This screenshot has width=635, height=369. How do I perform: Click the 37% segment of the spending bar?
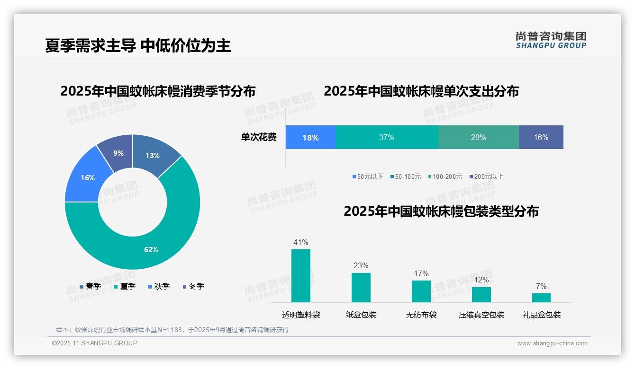click(386, 137)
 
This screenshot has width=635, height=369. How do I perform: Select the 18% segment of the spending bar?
click(310, 137)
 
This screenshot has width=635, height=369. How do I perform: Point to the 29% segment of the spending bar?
click(478, 137)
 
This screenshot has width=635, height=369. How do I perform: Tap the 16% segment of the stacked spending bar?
click(541, 137)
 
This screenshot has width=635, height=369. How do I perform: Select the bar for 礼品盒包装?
click(541, 298)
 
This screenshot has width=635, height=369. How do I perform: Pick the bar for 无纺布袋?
click(421, 291)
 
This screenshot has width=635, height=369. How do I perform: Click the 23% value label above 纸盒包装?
click(361, 266)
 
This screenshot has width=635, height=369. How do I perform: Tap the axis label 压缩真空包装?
click(481, 315)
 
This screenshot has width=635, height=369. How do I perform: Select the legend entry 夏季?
click(125, 286)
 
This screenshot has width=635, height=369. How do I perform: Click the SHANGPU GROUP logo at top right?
click(551, 40)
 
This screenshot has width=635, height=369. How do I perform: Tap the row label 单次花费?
click(259, 137)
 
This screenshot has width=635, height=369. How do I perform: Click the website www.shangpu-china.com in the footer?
click(552, 343)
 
